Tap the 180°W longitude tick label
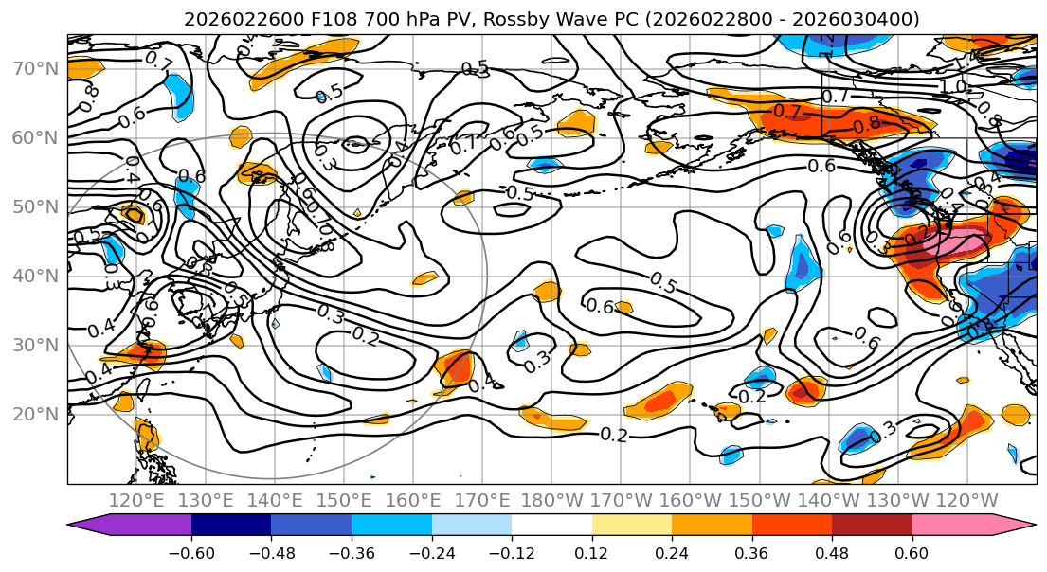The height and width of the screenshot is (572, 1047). point(552,500)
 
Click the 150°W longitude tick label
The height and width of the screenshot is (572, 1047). point(760,500)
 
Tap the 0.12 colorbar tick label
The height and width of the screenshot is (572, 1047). point(591,549)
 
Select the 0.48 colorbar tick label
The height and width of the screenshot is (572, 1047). point(832,549)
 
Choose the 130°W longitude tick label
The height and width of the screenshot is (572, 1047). point(898,500)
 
